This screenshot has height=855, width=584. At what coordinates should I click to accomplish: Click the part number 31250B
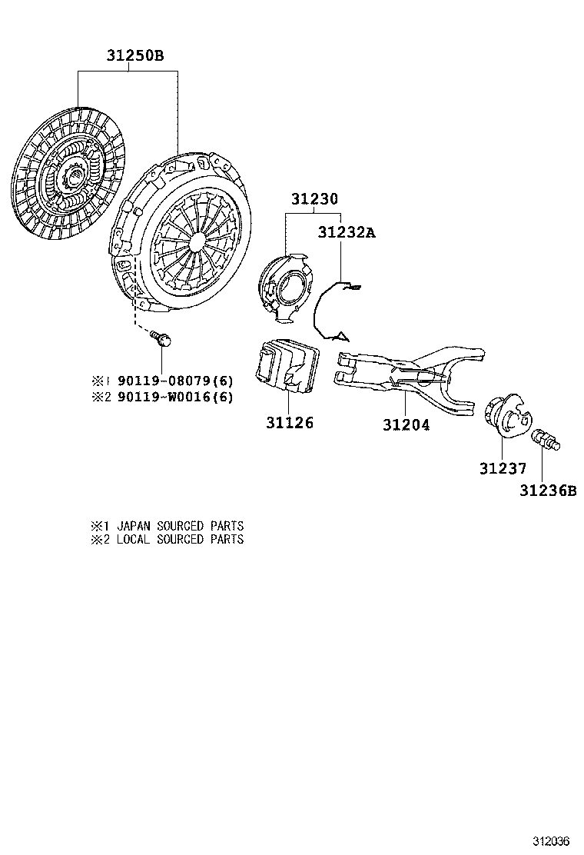(134, 55)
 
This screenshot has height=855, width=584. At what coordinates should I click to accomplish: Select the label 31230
(314, 199)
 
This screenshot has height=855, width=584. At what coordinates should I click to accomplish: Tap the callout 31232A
(347, 232)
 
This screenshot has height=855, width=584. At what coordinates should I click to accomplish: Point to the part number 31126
(289, 423)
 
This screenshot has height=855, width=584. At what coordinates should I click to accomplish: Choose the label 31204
(406, 424)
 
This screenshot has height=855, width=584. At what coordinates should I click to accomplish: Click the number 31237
(503, 468)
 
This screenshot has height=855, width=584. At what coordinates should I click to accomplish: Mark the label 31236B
(547, 491)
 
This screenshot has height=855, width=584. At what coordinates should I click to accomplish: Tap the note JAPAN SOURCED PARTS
(181, 526)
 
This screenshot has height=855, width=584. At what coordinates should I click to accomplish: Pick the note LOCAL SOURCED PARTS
(181, 539)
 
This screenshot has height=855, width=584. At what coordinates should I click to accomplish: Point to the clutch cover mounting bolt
(162, 338)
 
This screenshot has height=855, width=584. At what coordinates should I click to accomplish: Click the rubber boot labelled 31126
(287, 365)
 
